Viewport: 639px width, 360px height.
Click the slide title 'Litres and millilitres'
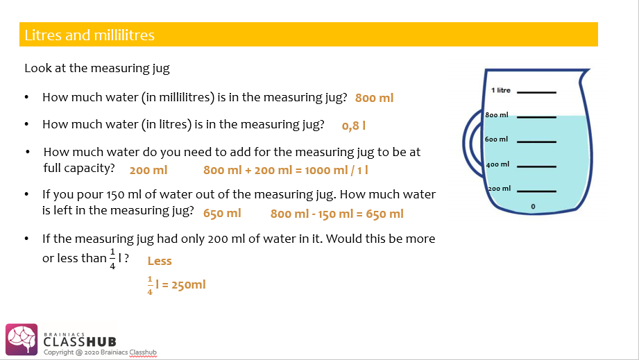click(x=90, y=35)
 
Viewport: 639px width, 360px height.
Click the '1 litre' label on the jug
click(x=500, y=90)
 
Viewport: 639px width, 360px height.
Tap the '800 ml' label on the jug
click(x=497, y=114)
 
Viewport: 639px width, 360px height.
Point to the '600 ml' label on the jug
click(x=497, y=139)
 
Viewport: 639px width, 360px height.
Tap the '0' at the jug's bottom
click(x=533, y=207)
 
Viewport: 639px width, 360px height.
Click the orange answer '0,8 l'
click(x=354, y=126)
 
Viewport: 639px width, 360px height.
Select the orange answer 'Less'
click(x=160, y=261)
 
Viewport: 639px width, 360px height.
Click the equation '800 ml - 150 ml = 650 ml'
click(x=336, y=214)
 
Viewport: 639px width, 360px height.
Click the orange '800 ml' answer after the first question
click(x=375, y=98)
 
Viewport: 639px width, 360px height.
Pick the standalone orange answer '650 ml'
click(x=222, y=213)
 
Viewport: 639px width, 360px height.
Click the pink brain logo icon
click(x=21, y=339)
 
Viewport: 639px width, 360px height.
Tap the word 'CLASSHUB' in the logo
click(x=80, y=342)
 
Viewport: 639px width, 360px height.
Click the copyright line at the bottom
click(x=100, y=352)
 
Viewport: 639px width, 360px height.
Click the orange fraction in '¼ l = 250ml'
click(x=149, y=284)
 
